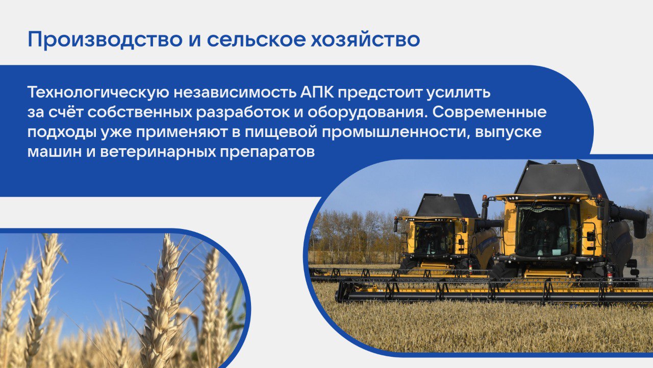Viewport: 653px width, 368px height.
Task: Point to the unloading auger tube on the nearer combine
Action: (x=627, y=215)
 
